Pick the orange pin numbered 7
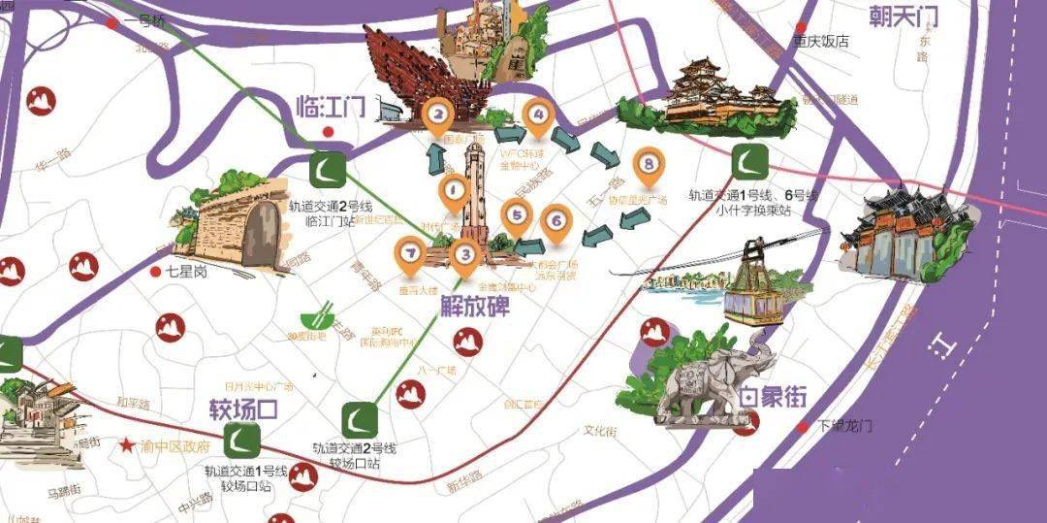pos(411,255)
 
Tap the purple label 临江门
pos(331,106)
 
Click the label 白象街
pos(773,398)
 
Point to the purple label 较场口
pos(243,408)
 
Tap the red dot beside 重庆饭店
pos(801,26)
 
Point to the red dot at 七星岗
pos(155,273)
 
